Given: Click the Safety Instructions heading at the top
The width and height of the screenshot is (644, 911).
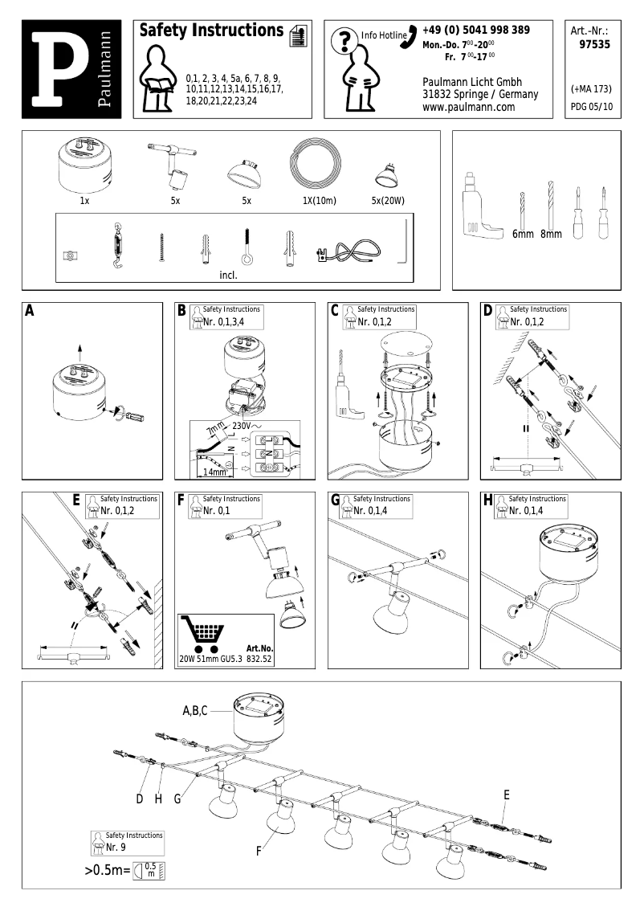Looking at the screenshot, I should click(211, 31).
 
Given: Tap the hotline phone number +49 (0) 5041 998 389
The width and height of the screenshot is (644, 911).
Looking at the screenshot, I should click(475, 31).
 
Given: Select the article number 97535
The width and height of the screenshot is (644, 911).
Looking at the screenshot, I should click(594, 45).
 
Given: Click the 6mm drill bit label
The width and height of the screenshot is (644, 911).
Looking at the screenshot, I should click(523, 235).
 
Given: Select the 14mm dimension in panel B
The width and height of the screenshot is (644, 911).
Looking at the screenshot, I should click(214, 472).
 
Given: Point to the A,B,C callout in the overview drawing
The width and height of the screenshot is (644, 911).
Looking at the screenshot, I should click(195, 710).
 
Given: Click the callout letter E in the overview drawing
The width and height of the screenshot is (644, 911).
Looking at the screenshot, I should click(507, 795).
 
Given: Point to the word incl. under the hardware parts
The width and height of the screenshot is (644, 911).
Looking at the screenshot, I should click(228, 274).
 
